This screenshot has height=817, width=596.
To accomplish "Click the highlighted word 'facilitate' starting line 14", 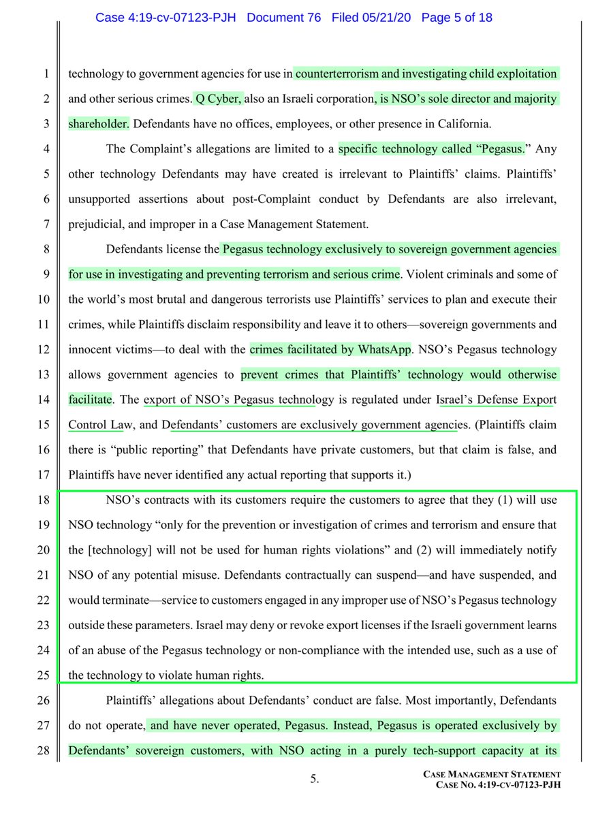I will point(89,400).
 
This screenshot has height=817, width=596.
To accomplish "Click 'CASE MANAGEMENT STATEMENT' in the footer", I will point(492,774).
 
